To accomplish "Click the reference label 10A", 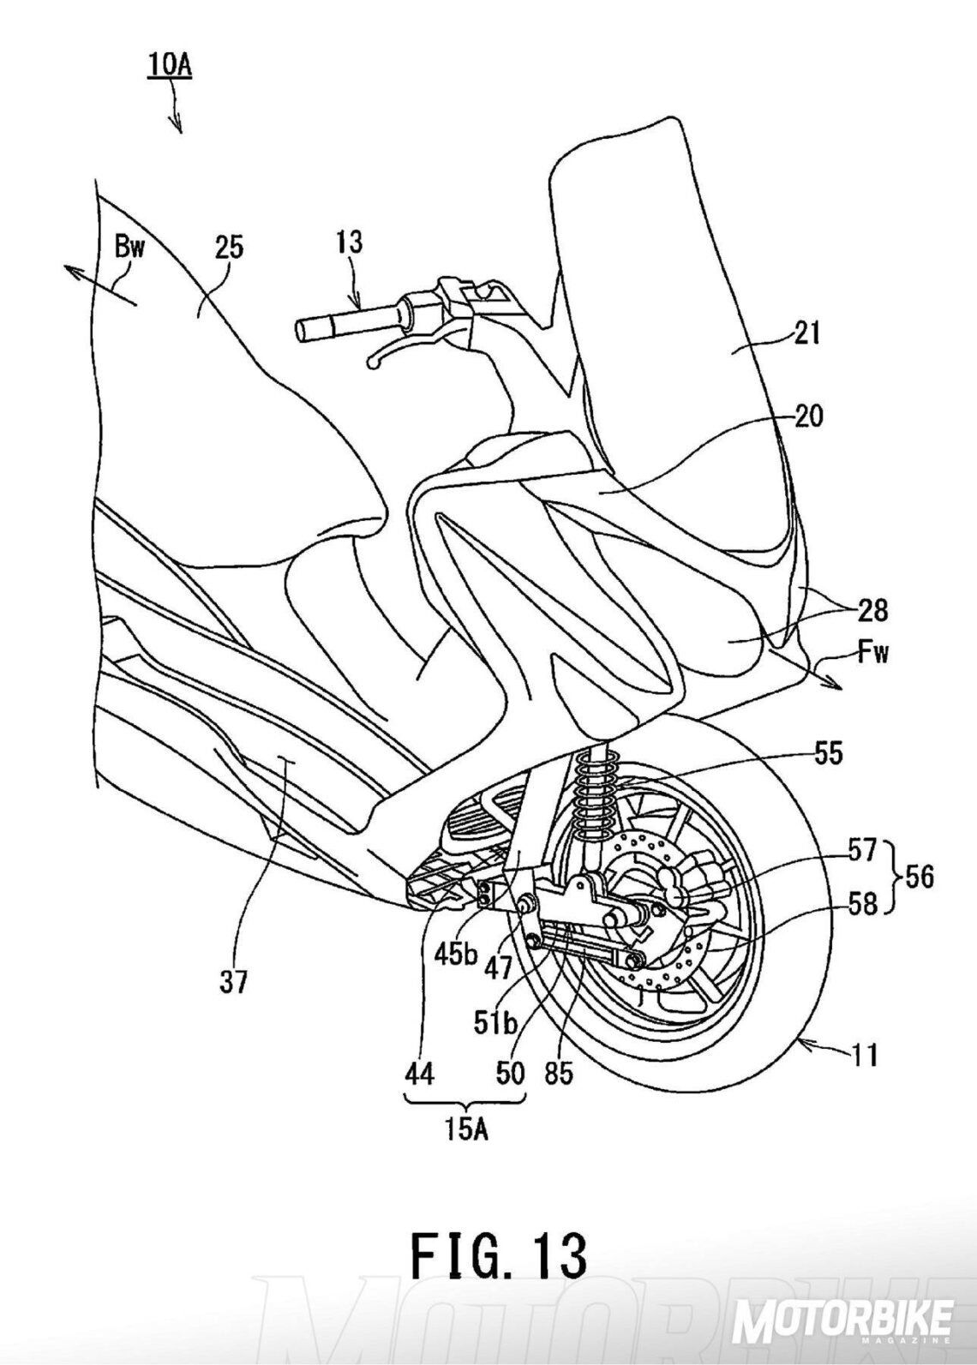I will [170, 66].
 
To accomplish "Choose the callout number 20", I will [808, 417].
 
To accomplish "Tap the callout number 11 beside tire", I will [866, 1056].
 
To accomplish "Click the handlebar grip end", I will [302, 328].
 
